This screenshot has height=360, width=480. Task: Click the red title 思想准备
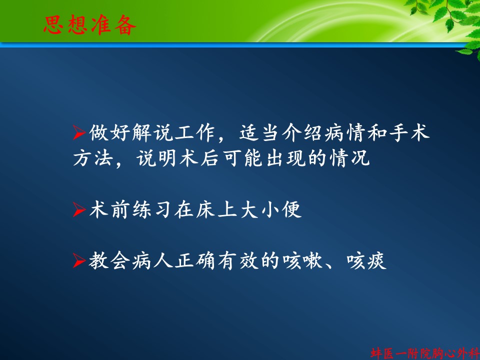pyautogui.click(x=89, y=25)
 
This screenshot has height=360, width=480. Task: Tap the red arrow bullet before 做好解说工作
pyautogui.click(x=79, y=132)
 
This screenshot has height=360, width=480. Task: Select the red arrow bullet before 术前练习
pyautogui.click(x=79, y=209)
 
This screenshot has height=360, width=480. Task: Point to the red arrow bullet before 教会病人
pyautogui.click(x=79, y=261)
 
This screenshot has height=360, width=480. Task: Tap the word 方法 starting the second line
pyautogui.click(x=93, y=158)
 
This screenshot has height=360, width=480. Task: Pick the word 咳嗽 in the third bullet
pyautogui.click(x=302, y=261)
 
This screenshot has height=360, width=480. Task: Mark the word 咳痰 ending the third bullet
pyautogui.click(x=366, y=261)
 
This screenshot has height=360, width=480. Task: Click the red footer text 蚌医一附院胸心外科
pyautogui.click(x=425, y=353)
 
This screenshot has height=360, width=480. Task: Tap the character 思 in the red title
pyautogui.click(x=53, y=25)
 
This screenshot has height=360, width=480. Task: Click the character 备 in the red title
pyautogui.click(x=125, y=25)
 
